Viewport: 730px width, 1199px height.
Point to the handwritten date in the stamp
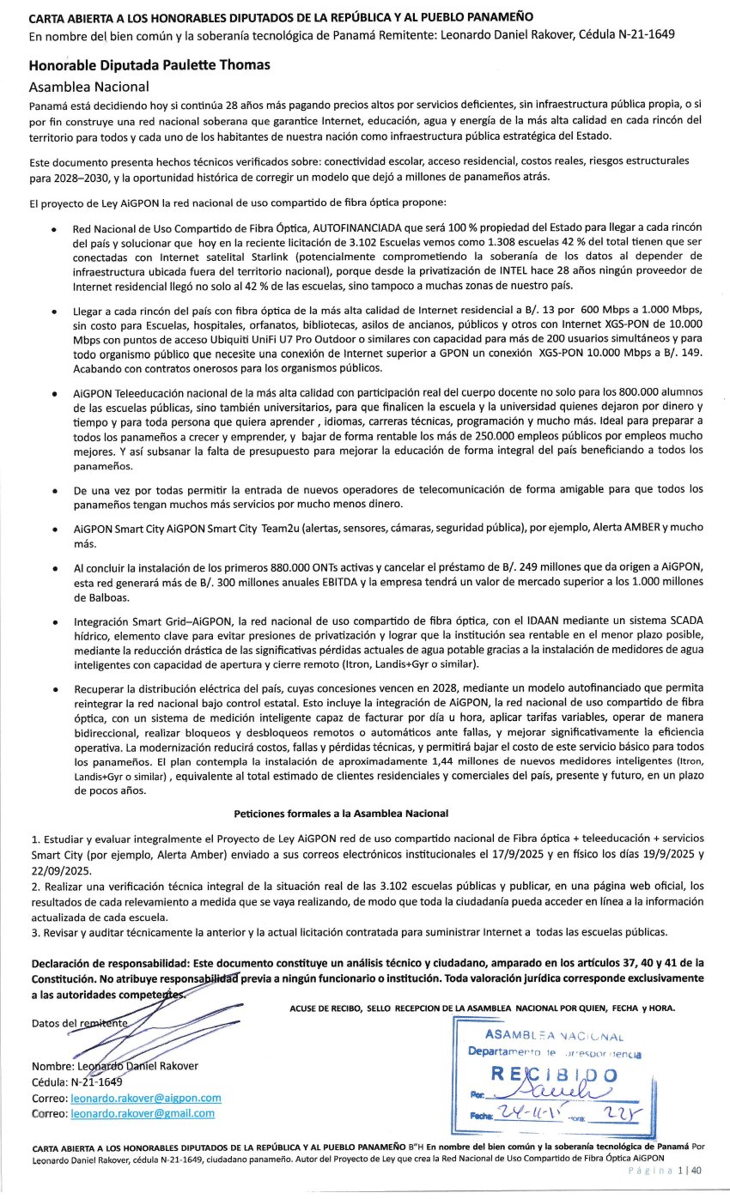535,1114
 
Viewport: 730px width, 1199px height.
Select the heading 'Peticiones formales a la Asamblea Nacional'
341,813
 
